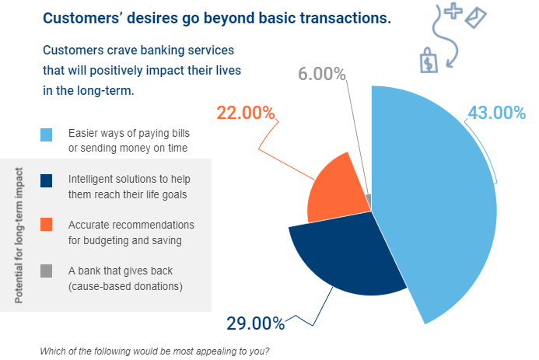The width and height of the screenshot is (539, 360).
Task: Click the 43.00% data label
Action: click(497, 112)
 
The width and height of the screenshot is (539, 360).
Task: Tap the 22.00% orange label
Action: click(246, 112)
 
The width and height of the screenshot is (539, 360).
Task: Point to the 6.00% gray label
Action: click(322, 74)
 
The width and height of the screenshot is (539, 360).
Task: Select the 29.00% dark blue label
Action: click(255, 323)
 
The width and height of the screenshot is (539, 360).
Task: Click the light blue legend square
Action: click(46, 135)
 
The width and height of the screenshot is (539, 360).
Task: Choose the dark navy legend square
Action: click(46, 180)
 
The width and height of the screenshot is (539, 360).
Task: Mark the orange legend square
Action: click(46, 224)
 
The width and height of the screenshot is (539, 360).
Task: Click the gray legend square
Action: click(46, 271)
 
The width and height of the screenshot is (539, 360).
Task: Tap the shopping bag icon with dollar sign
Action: click(429, 61)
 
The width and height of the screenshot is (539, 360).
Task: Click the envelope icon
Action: click(476, 18)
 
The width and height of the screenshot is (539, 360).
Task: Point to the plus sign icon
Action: click(453, 10)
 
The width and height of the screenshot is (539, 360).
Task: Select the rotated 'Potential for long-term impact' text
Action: click(19, 236)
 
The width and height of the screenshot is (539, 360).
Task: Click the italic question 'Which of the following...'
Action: click(155, 351)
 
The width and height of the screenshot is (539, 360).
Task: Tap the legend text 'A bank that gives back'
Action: click(121, 271)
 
